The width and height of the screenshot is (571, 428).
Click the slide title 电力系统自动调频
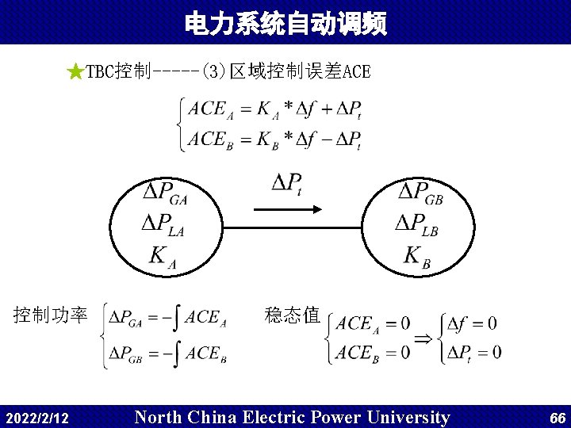point(285,24)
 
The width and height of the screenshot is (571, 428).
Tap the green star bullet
point(75,73)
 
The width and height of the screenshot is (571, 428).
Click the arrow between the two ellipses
point(286,209)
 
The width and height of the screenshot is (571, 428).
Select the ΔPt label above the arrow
point(286,184)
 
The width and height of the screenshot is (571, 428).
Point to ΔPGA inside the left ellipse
point(164,193)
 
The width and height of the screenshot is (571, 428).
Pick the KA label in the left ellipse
point(163,257)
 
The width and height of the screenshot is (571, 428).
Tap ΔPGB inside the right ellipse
point(420,193)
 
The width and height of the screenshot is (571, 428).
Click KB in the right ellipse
point(417,257)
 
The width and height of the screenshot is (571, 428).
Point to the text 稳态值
point(292,315)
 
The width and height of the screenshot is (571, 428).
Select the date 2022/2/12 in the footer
point(36,418)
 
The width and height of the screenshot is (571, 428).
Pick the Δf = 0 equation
point(473,323)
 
